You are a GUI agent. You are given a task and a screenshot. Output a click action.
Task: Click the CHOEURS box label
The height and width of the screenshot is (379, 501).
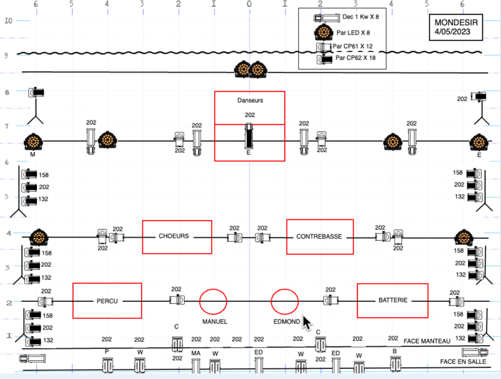pyautogui.click(x=174, y=236)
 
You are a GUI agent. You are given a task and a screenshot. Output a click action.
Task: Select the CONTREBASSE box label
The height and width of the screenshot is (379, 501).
pyautogui.click(x=319, y=236)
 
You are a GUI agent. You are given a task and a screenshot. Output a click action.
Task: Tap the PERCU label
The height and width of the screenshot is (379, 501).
pyautogui.click(x=107, y=301)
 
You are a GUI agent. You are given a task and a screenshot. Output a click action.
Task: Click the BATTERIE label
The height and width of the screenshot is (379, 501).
pyautogui.click(x=393, y=300)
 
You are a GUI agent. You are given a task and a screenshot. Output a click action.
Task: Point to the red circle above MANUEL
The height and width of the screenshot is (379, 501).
pyautogui.click(x=200, y=301)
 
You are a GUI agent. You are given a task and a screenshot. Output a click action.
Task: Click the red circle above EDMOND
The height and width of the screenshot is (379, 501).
pyautogui.click(x=271, y=301)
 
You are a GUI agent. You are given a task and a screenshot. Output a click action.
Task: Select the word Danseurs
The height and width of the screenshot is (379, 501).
pyautogui.click(x=250, y=100)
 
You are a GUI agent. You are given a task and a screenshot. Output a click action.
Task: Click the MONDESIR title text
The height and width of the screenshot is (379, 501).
pyautogui.click(x=457, y=23)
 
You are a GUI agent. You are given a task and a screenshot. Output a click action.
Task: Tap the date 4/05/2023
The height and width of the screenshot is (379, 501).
pyautogui.click(x=452, y=32)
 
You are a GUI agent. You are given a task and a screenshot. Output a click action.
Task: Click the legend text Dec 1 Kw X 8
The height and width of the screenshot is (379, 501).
pyautogui.click(x=361, y=17)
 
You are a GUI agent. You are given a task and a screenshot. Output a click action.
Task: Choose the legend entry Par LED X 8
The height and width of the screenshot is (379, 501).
pyautogui.click(x=353, y=33)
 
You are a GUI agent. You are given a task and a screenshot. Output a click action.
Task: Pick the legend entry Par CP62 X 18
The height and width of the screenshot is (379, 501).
pyautogui.click(x=356, y=58)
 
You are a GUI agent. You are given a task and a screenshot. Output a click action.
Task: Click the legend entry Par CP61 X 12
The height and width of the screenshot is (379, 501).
pyautogui.click(x=353, y=46)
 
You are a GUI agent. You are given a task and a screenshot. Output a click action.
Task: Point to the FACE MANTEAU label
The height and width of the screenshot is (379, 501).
pyautogui.click(x=427, y=341)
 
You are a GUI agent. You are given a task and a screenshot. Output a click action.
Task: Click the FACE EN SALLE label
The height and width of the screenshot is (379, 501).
pyautogui.click(x=463, y=361)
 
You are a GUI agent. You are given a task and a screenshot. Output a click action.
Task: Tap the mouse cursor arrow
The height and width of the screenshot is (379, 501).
pyautogui.click(x=307, y=323)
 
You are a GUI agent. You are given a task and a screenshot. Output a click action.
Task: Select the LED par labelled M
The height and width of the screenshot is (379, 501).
pyautogui.click(x=33, y=142)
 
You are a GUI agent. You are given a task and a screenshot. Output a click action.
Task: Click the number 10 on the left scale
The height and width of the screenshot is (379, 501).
pyautogui.click(x=8, y=21)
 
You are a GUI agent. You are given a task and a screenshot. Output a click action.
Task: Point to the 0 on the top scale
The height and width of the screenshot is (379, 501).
pyautogui.click(x=249, y=4)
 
